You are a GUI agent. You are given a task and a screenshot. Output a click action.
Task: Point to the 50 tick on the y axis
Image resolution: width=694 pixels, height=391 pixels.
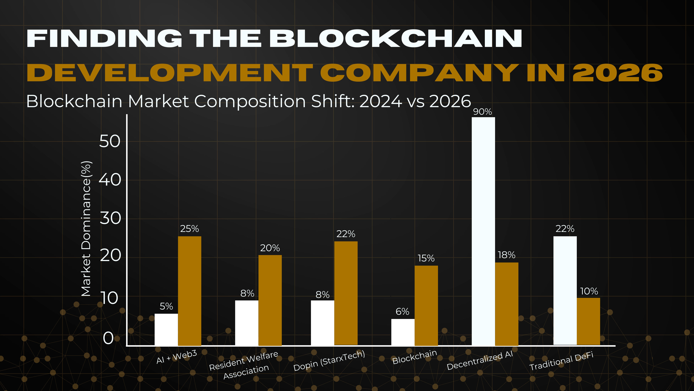[110, 141]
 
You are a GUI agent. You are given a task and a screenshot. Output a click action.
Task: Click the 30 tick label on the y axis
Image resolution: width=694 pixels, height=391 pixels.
[110, 218]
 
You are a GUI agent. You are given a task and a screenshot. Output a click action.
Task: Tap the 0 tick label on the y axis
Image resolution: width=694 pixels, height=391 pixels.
[108, 338]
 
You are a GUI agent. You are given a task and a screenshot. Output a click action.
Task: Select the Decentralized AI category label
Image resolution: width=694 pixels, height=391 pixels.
[480, 361]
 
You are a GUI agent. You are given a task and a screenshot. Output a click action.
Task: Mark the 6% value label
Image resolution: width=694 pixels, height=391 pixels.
[402, 312]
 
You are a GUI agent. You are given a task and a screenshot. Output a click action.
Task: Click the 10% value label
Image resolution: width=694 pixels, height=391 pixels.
[589, 291]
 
